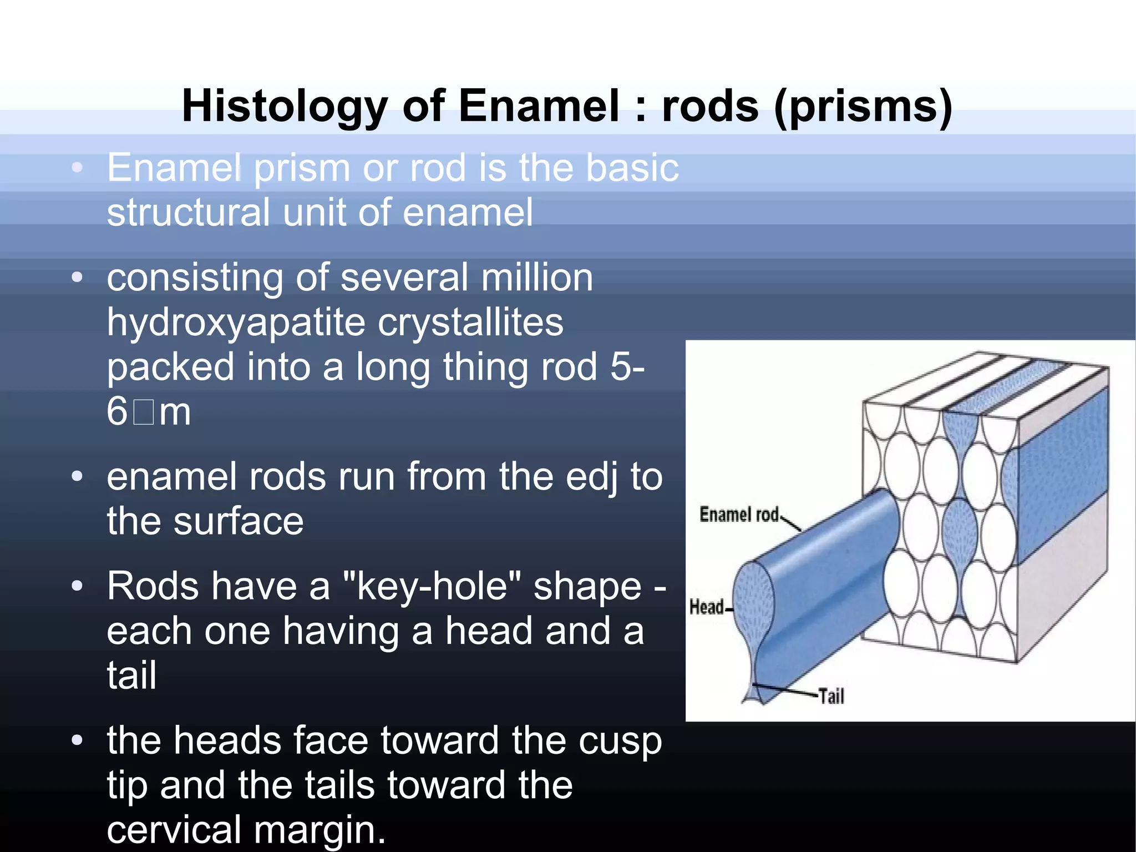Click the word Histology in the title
click(285, 107)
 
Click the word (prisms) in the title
click(863, 107)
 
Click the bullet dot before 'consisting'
click(77, 276)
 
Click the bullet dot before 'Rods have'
click(77, 586)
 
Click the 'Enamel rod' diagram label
click(739, 515)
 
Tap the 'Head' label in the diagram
click(707, 607)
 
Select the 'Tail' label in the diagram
click(831, 695)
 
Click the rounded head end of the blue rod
click(753, 599)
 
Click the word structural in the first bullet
click(189, 213)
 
